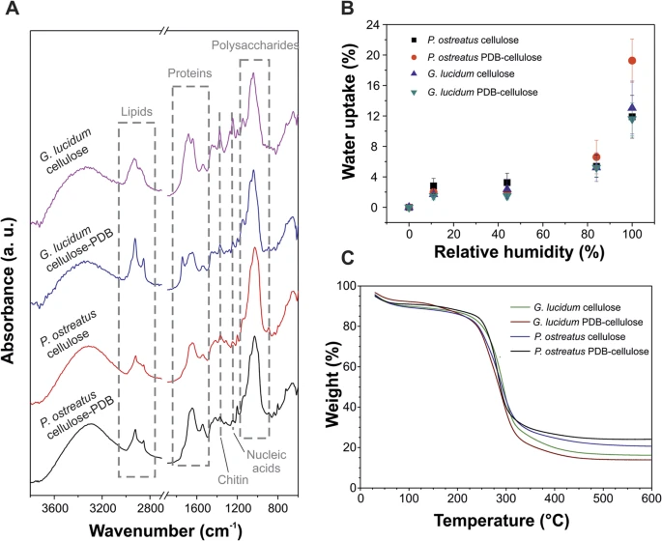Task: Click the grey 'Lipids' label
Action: click(x=136, y=110)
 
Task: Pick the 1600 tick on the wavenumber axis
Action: click(x=197, y=505)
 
